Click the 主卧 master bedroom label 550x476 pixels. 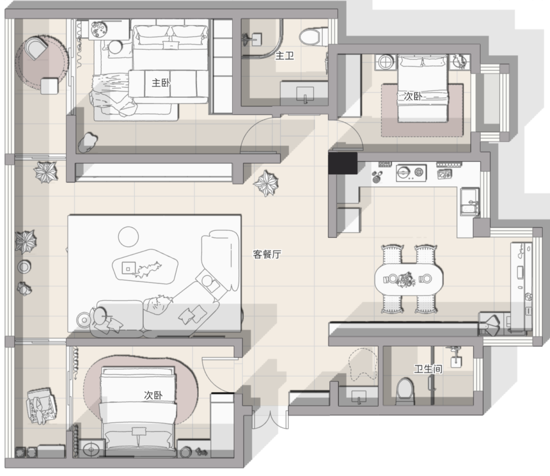pos(160,83)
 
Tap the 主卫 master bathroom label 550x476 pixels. pos(285,56)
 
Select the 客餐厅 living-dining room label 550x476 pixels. pos(267,254)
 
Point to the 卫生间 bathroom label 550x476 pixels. pos(428,369)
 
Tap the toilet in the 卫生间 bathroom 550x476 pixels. pos(405,391)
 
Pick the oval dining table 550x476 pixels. pos(408,279)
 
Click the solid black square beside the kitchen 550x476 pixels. pos(343,163)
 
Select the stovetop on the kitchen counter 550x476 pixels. pos(411,173)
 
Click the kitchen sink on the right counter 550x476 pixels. pos(470,202)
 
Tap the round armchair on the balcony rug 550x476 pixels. pos(36,49)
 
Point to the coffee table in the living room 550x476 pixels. pos(145,267)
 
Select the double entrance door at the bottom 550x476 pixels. pos(270,420)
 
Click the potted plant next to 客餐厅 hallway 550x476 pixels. pos(266,183)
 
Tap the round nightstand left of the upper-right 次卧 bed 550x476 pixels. pos(386,63)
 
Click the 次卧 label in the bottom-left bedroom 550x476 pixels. pos(153,395)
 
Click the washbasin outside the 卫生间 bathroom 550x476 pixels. pos(358,396)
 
